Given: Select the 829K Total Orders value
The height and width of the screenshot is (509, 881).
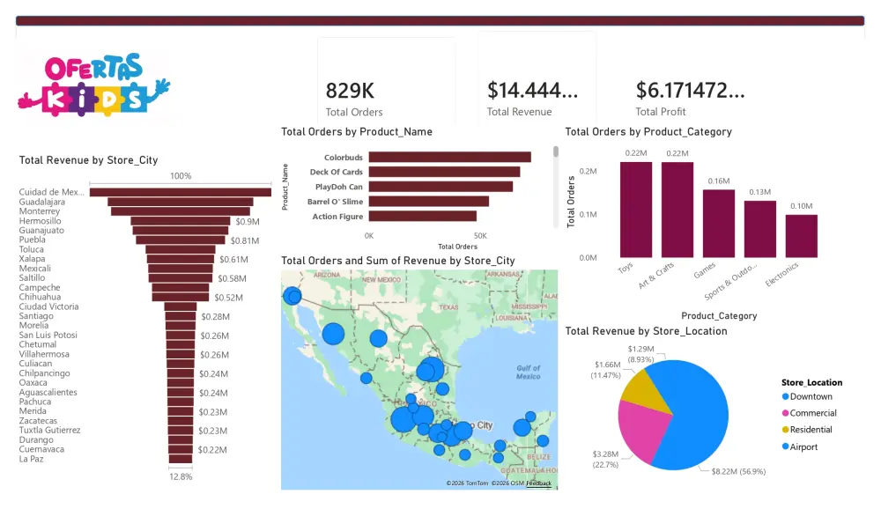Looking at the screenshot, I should tap(350, 91).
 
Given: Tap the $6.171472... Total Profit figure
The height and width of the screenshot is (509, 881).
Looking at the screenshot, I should tap(690, 90).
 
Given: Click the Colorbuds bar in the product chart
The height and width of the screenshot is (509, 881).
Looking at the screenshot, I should tap(449, 158).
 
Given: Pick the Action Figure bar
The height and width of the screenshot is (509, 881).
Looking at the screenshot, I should tap(422, 216).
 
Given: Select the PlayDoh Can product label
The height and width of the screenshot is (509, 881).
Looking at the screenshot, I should tap(339, 187).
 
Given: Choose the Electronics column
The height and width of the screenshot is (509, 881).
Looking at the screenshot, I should tap(801, 235).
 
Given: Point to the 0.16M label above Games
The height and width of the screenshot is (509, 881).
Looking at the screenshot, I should tap(718, 181).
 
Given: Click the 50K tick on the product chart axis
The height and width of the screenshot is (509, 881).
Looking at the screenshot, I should tap(480, 236).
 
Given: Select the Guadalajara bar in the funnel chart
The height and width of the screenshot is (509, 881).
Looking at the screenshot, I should tap(181, 202).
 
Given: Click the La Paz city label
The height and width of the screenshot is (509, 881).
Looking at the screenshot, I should tap(32, 459).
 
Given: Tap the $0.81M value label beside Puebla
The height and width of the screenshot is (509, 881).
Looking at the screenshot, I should tap(245, 240).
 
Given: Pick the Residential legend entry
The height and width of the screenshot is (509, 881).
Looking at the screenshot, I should tap(811, 430).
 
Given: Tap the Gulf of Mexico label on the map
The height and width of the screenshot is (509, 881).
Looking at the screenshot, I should tap(528, 373).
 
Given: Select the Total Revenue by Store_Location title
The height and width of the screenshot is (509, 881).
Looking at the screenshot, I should tap(646, 331).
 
